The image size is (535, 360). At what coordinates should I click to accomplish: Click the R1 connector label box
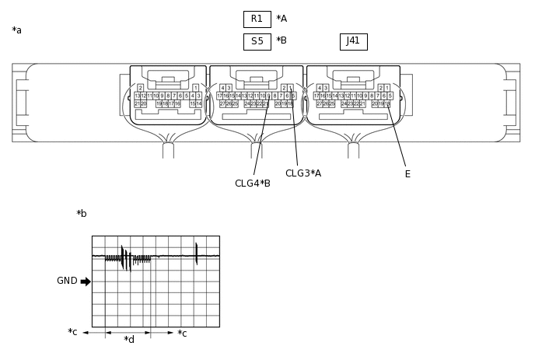(257, 19)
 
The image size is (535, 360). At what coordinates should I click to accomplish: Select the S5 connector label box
(257, 41)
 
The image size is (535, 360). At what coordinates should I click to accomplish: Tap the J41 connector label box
(353, 41)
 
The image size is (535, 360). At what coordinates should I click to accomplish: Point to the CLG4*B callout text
(253, 183)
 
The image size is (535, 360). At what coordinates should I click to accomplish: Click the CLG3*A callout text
(303, 173)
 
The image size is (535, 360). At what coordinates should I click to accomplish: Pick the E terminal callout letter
(407, 174)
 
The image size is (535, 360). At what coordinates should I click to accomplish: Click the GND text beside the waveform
(67, 281)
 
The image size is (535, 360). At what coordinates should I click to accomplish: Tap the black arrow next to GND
(86, 281)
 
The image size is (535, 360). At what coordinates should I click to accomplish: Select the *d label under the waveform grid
(129, 340)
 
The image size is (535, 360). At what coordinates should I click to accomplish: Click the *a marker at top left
(17, 31)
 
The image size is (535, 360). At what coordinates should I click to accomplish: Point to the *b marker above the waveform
(82, 214)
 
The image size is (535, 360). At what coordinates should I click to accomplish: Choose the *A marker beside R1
(281, 19)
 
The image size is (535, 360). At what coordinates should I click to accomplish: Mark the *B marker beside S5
(281, 41)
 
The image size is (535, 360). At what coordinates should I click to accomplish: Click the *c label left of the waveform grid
(72, 333)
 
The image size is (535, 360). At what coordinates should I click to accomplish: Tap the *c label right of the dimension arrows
(182, 334)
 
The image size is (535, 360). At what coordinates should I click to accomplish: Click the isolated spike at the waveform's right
(197, 253)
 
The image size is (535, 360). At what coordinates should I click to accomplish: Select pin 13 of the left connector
(138, 96)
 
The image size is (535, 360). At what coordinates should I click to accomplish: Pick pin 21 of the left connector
(137, 103)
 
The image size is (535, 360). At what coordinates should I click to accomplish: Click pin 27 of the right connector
(319, 103)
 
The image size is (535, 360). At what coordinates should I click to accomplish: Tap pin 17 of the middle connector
(220, 96)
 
